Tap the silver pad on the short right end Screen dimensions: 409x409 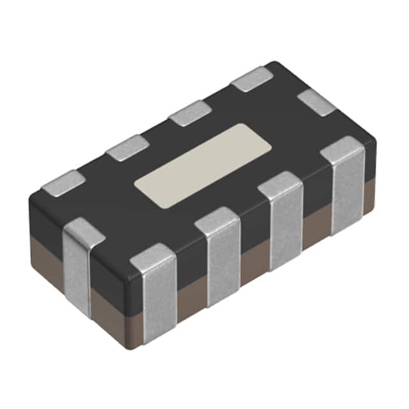pyautogui.click(x=318, y=102)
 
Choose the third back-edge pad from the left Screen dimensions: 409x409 pyautogui.click(x=190, y=112)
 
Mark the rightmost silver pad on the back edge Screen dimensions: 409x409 pyautogui.click(x=252, y=79)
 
